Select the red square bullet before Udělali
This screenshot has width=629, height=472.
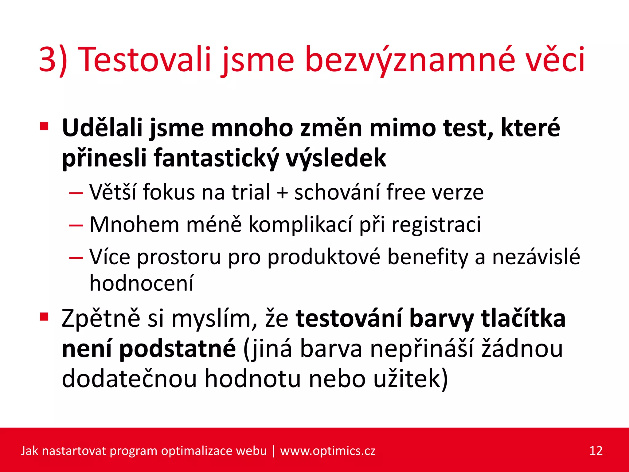(x=44, y=126)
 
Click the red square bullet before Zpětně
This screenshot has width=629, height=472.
(x=44, y=317)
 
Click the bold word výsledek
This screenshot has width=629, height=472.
(x=336, y=158)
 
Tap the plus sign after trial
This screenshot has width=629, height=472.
(x=282, y=192)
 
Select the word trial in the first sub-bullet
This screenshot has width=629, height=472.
(x=251, y=192)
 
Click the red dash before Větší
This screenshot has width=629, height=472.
(x=76, y=193)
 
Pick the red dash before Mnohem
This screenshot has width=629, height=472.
(x=76, y=226)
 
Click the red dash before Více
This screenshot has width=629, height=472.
(x=76, y=258)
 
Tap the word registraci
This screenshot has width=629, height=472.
(x=436, y=225)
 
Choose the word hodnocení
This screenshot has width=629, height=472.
(x=142, y=283)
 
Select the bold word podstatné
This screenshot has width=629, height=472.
(x=178, y=349)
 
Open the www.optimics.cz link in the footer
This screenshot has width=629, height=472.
(x=327, y=451)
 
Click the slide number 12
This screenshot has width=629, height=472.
(x=596, y=451)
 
